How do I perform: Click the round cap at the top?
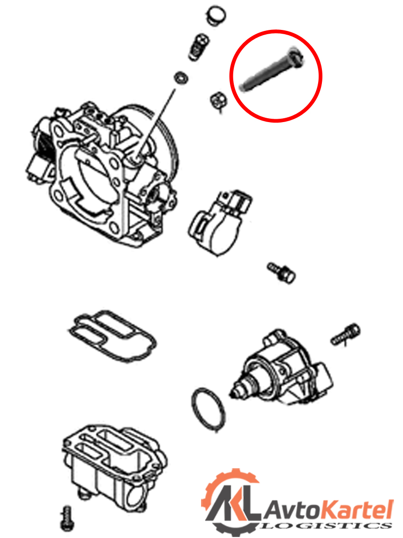(216, 16)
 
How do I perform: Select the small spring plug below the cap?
(198, 47)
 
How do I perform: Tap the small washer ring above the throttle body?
(181, 78)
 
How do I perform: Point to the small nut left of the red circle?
(218, 101)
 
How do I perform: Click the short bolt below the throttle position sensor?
(281, 273)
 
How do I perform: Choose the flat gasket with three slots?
(112, 336)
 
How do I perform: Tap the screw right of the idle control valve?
(345, 335)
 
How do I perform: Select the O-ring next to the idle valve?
(208, 409)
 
